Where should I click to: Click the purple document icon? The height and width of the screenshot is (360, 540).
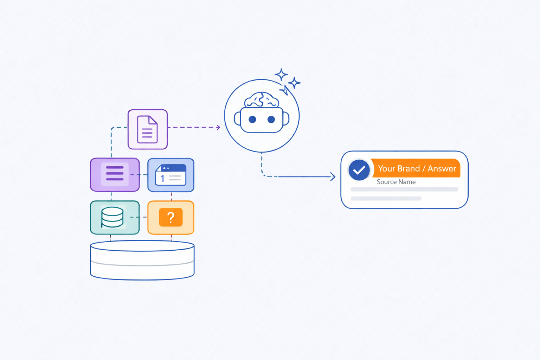click(147, 129)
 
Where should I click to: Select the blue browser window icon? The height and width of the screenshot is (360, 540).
click(171, 175)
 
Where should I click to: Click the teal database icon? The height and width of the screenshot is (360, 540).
click(112, 217)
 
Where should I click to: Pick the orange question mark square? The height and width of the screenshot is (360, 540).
click(171, 217)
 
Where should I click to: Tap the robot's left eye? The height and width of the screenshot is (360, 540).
click(252, 120)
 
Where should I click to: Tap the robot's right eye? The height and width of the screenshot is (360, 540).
click(271, 120)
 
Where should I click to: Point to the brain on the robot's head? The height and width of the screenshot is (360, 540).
click(262, 99)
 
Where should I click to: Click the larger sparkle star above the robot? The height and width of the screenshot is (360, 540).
click(281, 75)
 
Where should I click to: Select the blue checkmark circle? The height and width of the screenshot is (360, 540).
click(359, 170)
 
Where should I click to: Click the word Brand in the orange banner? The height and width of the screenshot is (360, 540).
click(409, 169)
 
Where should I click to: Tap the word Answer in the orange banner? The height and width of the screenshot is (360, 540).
click(442, 169)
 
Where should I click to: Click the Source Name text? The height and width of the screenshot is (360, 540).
click(396, 182)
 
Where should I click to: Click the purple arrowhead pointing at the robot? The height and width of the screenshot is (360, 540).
click(218, 127)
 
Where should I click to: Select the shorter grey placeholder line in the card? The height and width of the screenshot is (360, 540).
click(386, 199)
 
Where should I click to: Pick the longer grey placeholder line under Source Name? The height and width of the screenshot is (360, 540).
click(404, 189)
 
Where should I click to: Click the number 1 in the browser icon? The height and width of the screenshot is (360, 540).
click(162, 179)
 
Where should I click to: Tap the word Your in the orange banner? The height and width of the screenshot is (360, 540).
click(386, 169)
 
